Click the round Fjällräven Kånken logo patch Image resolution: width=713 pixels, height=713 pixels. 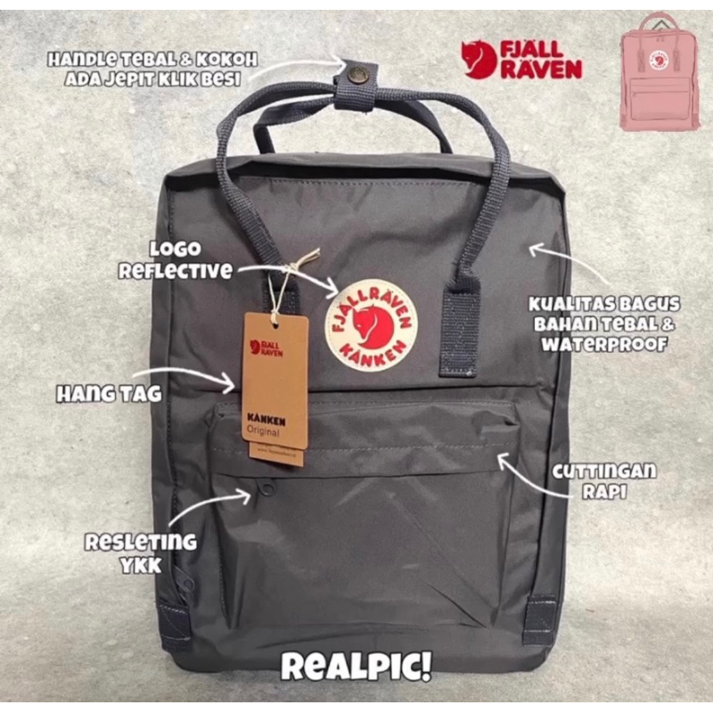pos(372,325)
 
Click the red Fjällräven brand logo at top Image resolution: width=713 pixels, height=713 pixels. pos(521,60)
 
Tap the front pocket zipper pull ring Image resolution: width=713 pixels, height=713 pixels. pos(267,488)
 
